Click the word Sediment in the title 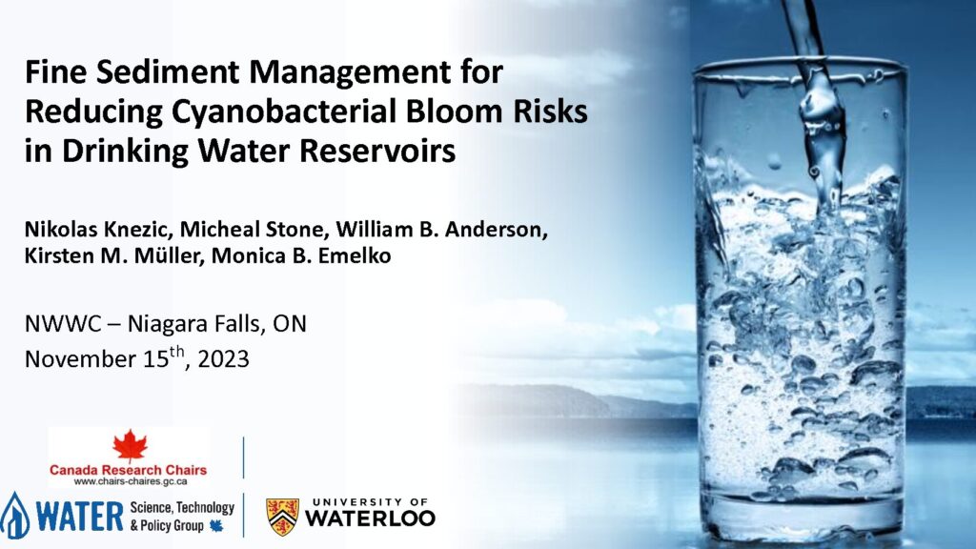[167, 71]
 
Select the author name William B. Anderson [442, 230]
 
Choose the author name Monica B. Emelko [301, 255]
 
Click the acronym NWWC [63, 324]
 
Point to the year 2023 [223, 359]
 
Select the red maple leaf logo [130, 446]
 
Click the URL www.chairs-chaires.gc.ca [130, 481]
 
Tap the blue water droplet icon [14, 516]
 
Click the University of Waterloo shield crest [282, 517]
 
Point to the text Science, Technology [182, 508]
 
